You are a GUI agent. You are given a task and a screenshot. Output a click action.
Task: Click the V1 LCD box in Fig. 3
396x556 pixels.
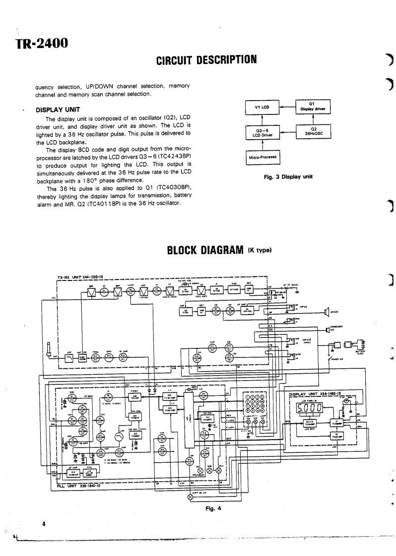262,107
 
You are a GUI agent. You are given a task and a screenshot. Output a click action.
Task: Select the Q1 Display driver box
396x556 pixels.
313,107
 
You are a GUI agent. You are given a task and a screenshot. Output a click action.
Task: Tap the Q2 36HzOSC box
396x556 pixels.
313,131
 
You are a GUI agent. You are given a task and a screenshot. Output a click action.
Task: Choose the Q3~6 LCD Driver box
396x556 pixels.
262,131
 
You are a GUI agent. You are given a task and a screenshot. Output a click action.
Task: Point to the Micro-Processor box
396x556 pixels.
262,158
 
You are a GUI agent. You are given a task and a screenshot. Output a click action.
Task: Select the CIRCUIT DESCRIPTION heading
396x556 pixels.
206,60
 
